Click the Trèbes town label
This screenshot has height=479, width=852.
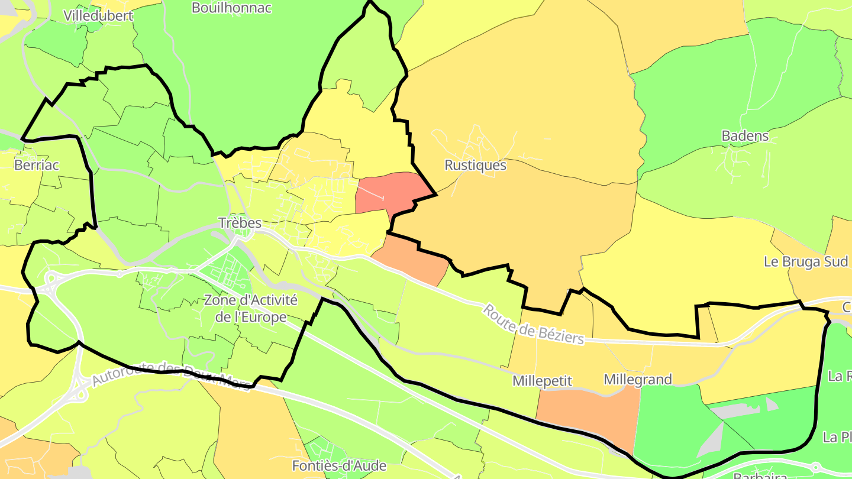click(x=240, y=223)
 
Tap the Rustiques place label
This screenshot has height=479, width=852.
click(x=475, y=165)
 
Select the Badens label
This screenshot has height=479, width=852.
click(x=745, y=136)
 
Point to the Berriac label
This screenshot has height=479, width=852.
click(x=36, y=165)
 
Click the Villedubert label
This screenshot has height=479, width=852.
click(x=98, y=16)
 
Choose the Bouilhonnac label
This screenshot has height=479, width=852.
click(x=231, y=8)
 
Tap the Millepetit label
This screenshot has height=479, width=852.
click(x=542, y=381)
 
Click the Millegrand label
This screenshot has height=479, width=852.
click(x=637, y=380)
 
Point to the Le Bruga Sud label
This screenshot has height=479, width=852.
click(x=806, y=261)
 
